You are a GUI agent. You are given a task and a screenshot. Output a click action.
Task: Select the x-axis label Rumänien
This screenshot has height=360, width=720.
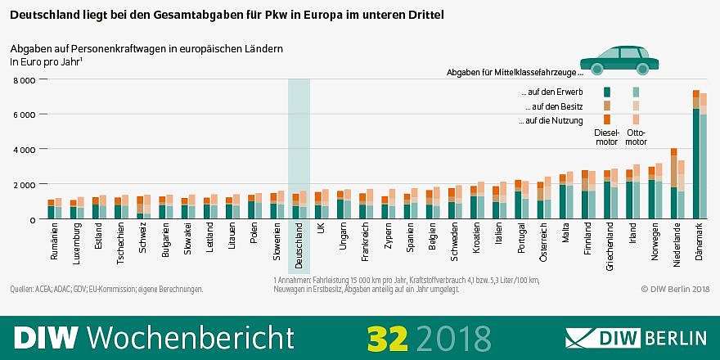point(55,243)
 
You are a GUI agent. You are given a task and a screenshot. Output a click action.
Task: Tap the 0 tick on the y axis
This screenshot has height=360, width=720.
point(32,219)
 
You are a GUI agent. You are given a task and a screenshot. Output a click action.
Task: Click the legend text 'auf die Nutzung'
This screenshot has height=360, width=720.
point(550,120)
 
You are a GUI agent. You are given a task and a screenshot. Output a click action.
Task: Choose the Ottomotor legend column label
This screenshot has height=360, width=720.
point(636,136)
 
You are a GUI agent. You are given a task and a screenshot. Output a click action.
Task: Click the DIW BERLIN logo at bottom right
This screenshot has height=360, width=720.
point(636,337)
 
